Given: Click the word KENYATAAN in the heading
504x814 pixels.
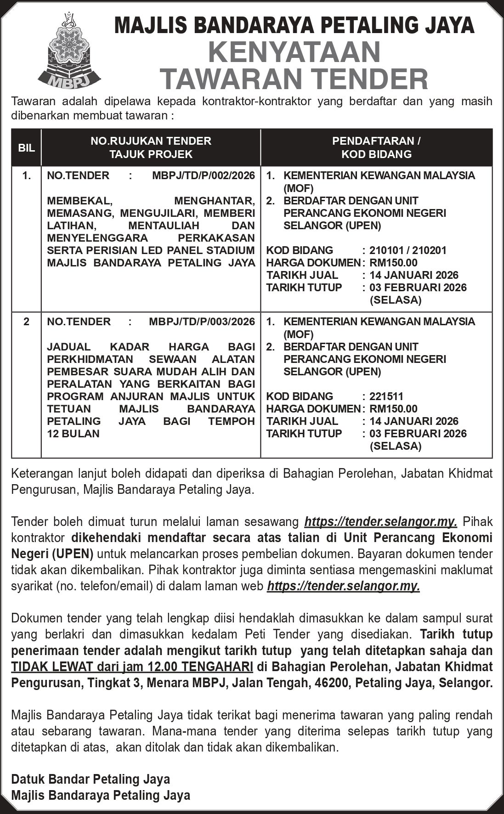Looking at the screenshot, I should (294, 52).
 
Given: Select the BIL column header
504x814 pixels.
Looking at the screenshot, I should (26, 148).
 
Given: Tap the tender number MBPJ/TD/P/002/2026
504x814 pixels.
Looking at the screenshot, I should (204, 175).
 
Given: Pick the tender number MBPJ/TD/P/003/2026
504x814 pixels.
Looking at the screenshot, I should (202, 322).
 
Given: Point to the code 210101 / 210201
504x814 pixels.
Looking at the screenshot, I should (408, 250).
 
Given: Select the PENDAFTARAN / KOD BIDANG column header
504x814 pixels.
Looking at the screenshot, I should (376, 147).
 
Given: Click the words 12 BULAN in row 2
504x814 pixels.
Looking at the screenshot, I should (73, 434).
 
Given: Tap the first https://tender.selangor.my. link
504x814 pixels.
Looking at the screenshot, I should (381, 522).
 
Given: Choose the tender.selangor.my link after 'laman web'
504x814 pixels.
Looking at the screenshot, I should (343, 586).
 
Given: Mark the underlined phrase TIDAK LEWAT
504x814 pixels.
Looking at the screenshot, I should (50, 667).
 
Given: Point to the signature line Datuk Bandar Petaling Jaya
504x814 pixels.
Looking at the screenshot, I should (91, 779).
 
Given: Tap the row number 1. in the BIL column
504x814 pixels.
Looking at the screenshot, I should (27, 175).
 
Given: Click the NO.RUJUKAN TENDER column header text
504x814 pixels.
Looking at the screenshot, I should (151, 141).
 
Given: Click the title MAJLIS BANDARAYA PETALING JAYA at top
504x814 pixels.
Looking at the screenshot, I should (294, 25).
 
